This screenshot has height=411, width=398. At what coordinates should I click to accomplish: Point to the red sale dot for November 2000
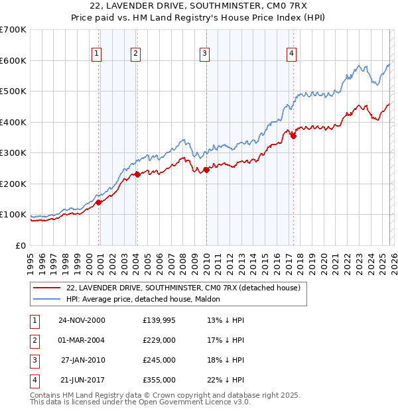(x=99, y=202)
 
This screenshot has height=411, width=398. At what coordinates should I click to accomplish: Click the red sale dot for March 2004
(x=137, y=174)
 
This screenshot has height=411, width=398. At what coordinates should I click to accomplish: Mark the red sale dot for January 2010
(x=206, y=170)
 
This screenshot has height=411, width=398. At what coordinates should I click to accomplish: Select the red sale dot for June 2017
(x=293, y=136)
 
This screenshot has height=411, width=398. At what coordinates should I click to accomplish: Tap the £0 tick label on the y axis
(x=20, y=245)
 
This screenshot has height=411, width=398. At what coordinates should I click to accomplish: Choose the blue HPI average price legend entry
(x=145, y=300)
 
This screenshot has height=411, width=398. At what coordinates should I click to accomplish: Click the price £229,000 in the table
(x=159, y=341)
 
